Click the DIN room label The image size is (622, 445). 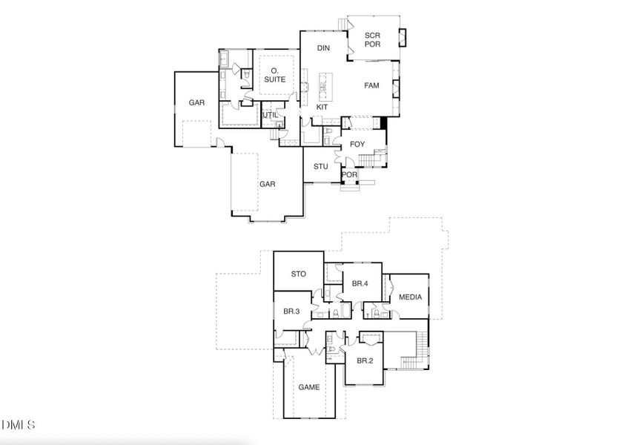point(323,48)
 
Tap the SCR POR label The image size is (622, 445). point(372,40)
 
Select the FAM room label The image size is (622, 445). point(371,86)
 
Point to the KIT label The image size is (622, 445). point(322,108)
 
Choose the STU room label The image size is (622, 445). point(320,167)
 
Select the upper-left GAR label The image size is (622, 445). point(196,103)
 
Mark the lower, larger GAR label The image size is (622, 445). point(267,185)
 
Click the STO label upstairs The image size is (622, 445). point(298,274)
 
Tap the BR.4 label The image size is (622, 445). point(360,283)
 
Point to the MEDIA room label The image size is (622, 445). point(410,297)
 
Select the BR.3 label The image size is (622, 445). point(291,311)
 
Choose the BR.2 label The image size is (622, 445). point(364,361)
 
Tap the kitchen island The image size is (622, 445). point(324,85)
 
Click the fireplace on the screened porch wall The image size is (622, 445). point(403,36)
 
